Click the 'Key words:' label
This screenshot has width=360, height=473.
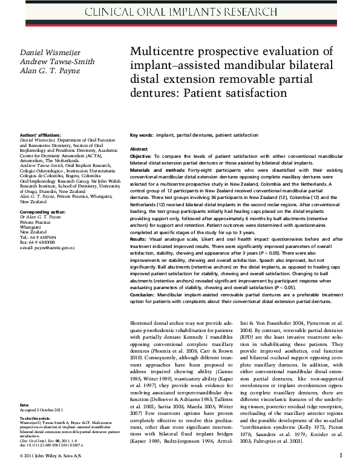click(x=142, y=135)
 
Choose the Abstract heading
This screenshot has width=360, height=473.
click(x=139, y=148)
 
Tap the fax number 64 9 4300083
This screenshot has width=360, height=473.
click(x=44, y=243)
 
